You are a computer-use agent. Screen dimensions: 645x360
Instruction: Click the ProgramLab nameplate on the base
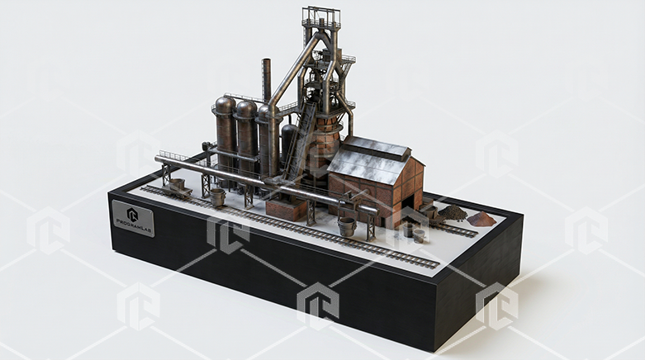pyautogui.click(x=133, y=219)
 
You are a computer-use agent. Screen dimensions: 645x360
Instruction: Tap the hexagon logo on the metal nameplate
pyautogui.click(x=132, y=214)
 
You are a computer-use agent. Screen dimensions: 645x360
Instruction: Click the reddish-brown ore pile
pyautogui.click(x=481, y=219)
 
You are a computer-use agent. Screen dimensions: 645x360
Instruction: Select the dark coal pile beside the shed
pyautogui.click(x=453, y=213)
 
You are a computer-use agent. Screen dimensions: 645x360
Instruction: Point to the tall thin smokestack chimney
pyautogui.click(x=267, y=80)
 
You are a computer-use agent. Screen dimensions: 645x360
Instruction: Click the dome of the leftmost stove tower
pyautogui.click(x=225, y=105)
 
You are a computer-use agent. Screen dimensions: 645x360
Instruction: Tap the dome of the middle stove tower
pyautogui.click(x=246, y=109)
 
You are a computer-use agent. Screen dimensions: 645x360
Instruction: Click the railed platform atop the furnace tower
pyautogui.click(x=321, y=17)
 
